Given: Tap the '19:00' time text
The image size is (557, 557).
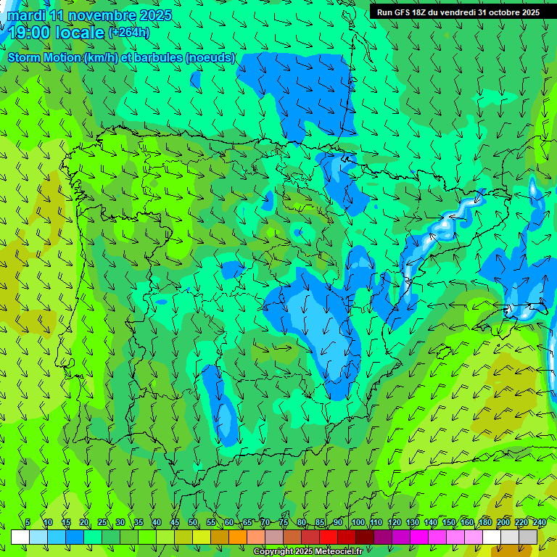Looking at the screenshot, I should pyautogui.click(x=30, y=33).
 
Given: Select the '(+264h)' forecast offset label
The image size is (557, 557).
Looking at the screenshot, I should pyautogui.click(x=128, y=32).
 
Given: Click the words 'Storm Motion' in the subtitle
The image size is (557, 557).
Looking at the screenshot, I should pyautogui.click(x=45, y=57).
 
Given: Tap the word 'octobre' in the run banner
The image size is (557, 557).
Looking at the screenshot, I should pyautogui.click(x=503, y=12).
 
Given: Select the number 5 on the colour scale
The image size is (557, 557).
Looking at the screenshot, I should pyautogui.click(x=28, y=522).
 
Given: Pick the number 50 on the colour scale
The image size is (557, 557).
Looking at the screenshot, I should pyautogui.click(x=193, y=522).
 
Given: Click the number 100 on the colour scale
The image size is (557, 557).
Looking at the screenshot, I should pyautogui.click(x=358, y=522).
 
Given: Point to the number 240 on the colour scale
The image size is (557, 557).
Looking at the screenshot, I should pyautogui.click(x=540, y=522).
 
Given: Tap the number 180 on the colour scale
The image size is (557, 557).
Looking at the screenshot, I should pyautogui.click(x=484, y=522).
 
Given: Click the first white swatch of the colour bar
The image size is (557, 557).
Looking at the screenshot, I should pyautogui.click(x=20, y=537).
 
